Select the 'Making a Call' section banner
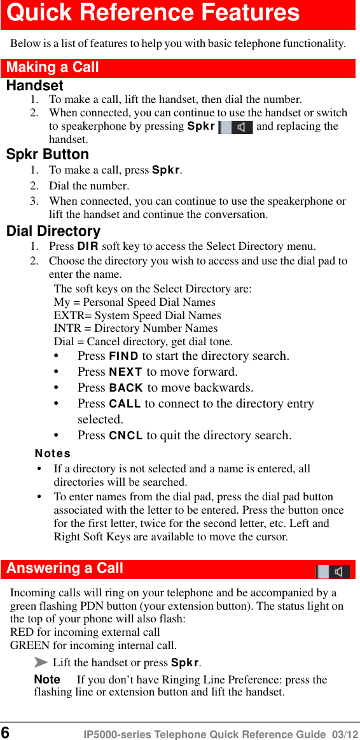pos(53,67)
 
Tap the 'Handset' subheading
pos(35,85)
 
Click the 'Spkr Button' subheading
pos(48,154)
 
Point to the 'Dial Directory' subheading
pos(53,231)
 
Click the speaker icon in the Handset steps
pos(235,127)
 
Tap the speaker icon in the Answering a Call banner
pos(333,570)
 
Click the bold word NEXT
pos(126,372)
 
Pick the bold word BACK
pos(127,388)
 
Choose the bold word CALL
pos(125,404)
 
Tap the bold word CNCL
pos(126,435)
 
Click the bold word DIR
pos(88,246)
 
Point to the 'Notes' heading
pos(53,453)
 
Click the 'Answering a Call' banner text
pos(65,568)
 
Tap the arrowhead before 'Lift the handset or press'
pos(41,663)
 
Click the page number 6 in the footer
pos(6,732)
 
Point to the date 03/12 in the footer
pos(344,734)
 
